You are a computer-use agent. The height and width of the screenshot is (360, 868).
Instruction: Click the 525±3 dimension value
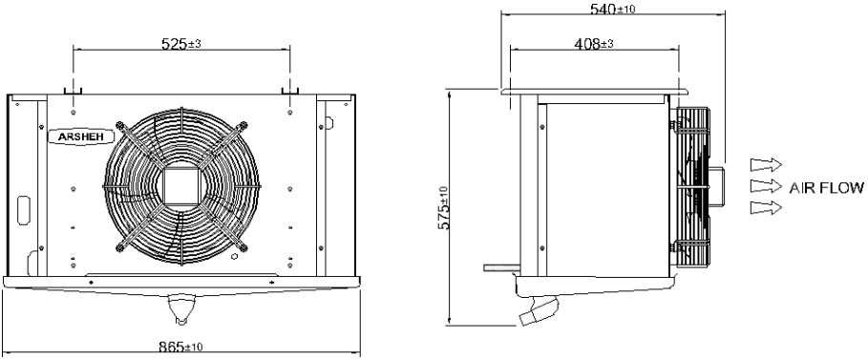(180, 43)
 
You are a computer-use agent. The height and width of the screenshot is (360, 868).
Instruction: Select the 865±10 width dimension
(180, 348)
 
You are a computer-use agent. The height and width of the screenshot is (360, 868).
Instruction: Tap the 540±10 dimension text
(612, 9)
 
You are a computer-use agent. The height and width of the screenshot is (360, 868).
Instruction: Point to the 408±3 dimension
(593, 43)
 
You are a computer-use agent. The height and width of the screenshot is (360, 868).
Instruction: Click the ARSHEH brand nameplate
(82, 137)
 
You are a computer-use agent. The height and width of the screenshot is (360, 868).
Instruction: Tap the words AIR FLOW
(826, 188)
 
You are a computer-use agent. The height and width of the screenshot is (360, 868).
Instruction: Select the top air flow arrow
(766, 164)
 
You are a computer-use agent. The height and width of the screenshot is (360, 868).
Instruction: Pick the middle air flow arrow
(766, 185)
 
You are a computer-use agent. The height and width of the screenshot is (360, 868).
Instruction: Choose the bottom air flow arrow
(766, 207)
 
